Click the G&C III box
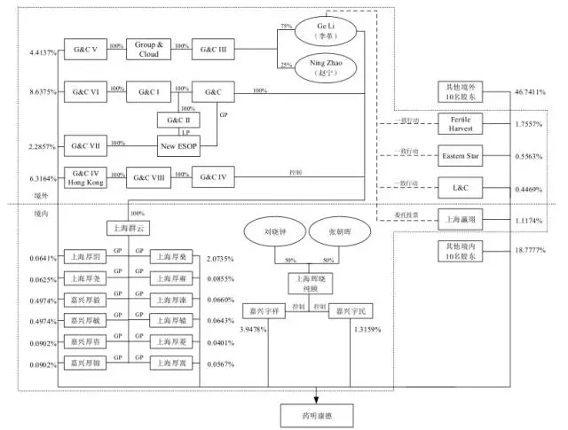(x=213, y=50)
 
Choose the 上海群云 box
(x=128, y=227)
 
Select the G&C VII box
(x=85, y=144)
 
